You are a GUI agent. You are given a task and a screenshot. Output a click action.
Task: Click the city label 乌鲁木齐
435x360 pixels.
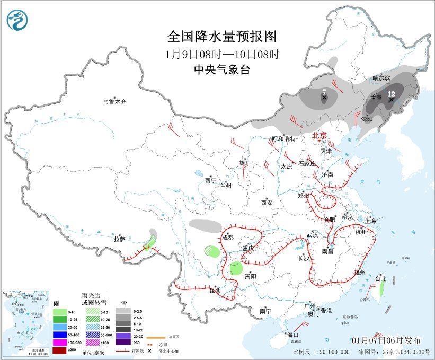pyautogui.click(x=115, y=101)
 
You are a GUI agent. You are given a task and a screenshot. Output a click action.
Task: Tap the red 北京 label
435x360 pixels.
pyautogui.click(x=320, y=135)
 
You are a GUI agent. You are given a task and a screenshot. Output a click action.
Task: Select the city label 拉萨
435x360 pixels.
pyautogui.click(x=119, y=239)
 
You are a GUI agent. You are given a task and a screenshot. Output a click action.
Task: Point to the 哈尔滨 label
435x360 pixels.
pyautogui.click(x=380, y=78)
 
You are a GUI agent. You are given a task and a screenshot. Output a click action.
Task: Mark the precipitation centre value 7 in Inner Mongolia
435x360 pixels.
pyautogui.click(x=324, y=92)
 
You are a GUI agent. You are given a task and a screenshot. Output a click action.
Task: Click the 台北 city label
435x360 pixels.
pyautogui.click(x=380, y=278)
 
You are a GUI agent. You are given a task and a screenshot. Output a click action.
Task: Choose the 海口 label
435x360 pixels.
pyautogui.click(x=293, y=335)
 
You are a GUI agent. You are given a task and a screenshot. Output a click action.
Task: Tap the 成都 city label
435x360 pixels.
pyautogui.click(x=228, y=238)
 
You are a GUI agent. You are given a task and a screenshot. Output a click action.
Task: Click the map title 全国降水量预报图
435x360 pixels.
pyautogui.click(x=222, y=37)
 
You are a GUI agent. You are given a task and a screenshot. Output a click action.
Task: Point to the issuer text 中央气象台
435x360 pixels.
pyautogui.click(x=222, y=70)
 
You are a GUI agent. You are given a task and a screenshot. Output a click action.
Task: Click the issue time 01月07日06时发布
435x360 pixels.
pyautogui.click(x=385, y=340)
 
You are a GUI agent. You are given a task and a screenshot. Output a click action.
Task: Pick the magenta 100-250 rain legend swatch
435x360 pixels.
pyautogui.click(x=59, y=342)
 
